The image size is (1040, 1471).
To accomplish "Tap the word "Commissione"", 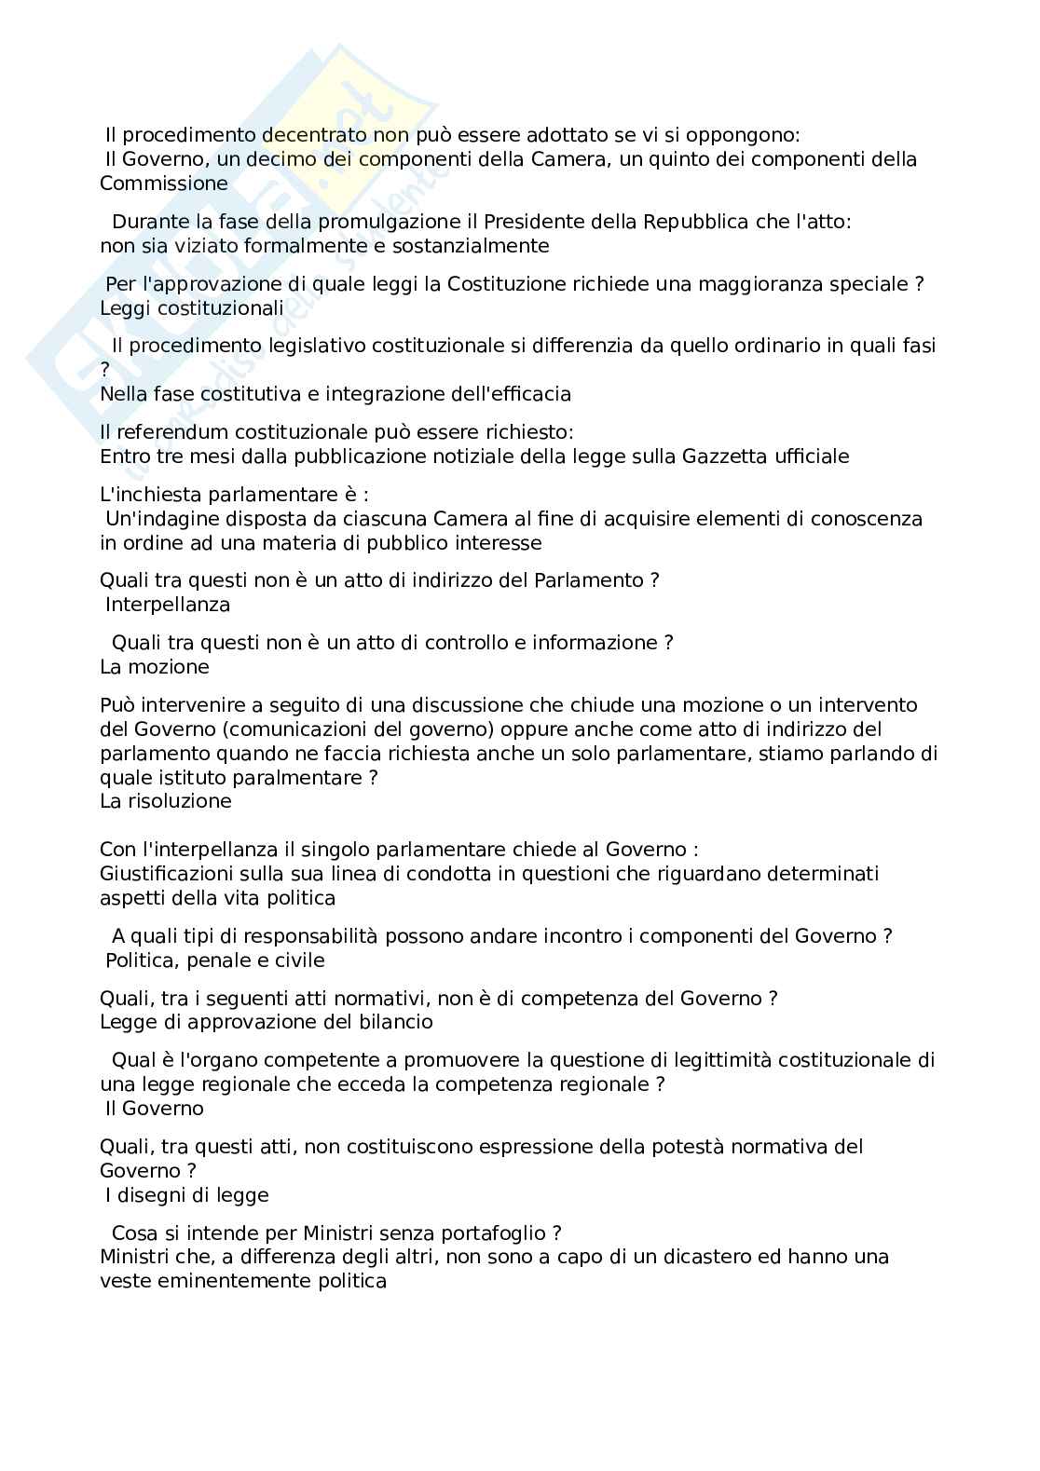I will coord(164,183).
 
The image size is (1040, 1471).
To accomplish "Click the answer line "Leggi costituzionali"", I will coord(192,307).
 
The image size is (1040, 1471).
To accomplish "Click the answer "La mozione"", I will coord(155,667).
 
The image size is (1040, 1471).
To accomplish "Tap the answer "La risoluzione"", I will coord(166,801).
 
